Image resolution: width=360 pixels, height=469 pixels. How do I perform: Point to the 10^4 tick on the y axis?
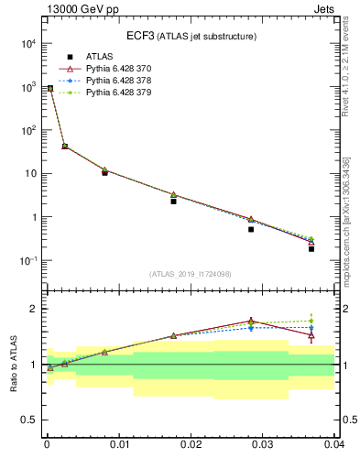click(27, 43)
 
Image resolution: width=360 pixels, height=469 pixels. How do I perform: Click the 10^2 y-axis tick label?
click(27, 130)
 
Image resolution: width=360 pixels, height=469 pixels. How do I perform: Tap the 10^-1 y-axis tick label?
click(27, 261)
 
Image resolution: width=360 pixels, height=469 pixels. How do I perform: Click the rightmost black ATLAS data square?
click(311, 248)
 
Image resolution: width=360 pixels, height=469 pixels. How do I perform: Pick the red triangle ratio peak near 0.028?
click(251, 321)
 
